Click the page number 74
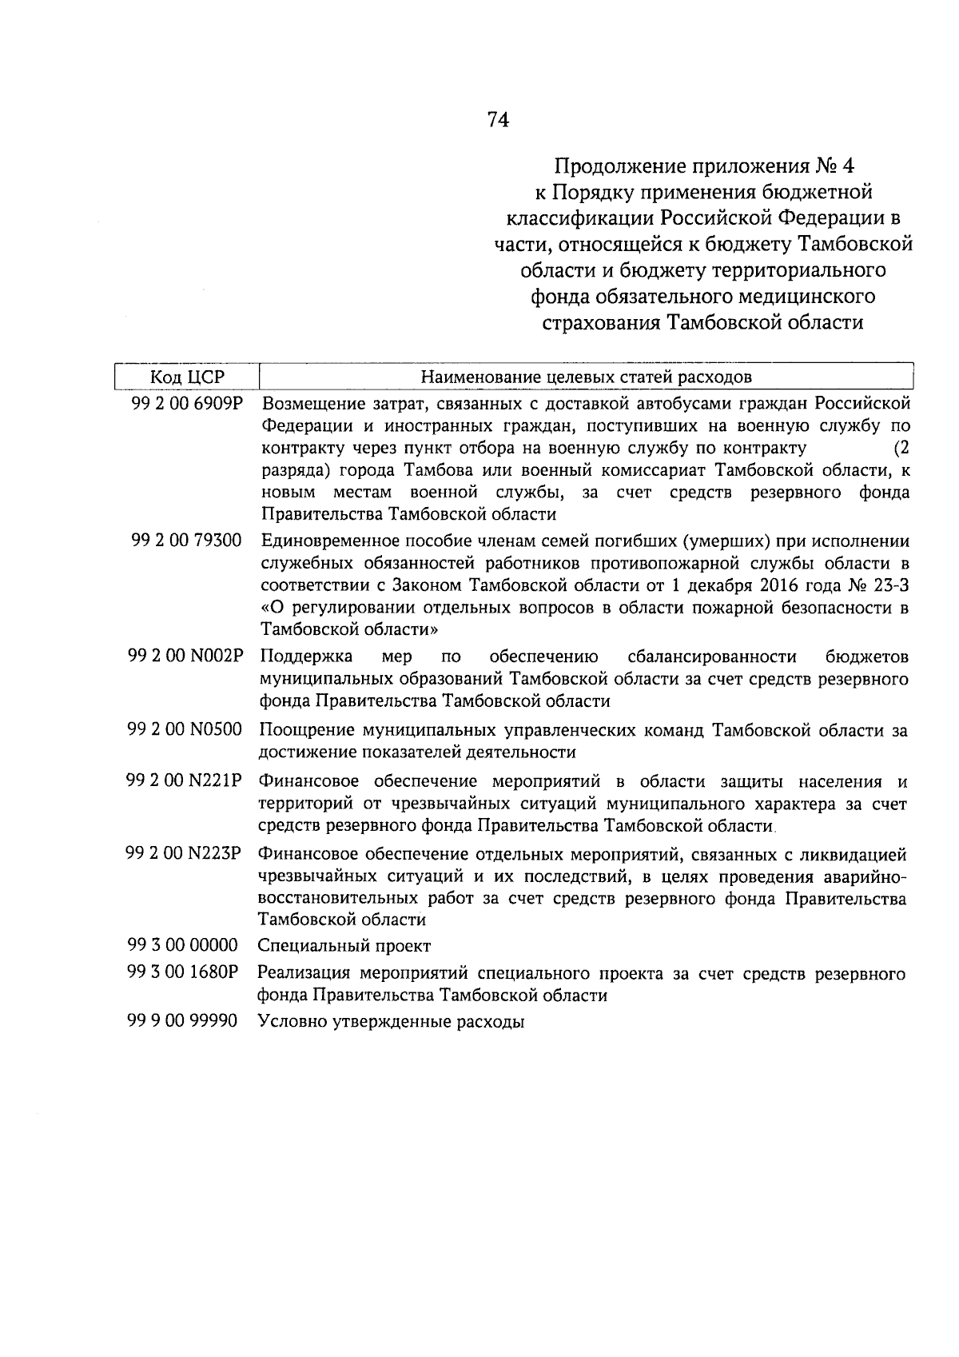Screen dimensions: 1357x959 [497, 120]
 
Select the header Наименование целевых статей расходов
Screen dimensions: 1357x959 [586, 376]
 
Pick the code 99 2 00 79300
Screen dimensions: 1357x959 [186, 541]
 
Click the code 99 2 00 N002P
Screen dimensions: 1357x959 [185, 657]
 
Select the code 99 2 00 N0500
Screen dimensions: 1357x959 [185, 729]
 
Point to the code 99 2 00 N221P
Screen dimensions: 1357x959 [185, 780]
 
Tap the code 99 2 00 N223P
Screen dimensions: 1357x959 [184, 852]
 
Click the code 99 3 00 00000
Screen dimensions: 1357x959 [183, 945]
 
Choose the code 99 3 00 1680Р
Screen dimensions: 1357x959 [183, 973]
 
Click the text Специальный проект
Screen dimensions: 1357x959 [344, 946]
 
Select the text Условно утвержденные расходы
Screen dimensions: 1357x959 [391, 1022]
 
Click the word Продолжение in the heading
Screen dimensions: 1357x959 [608, 166]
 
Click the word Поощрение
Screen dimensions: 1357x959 [304, 730]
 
